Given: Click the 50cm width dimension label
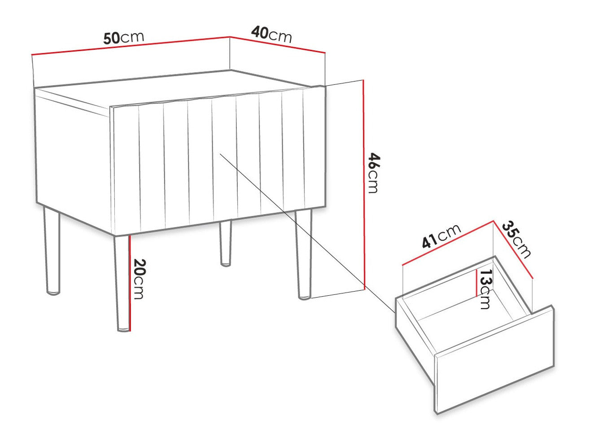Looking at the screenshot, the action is (x=124, y=38).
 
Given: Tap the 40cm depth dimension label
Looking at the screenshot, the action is (x=271, y=35).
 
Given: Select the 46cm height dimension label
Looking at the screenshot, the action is (x=373, y=173).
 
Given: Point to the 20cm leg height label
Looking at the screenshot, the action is (x=139, y=279).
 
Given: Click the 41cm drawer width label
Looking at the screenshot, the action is (x=441, y=236).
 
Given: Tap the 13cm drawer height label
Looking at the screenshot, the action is (x=486, y=289).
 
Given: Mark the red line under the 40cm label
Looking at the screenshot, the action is (x=278, y=44).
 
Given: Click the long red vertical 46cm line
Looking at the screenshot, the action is (x=364, y=185).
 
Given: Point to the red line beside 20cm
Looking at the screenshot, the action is (x=130, y=284).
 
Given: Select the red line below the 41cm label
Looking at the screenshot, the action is (x=448, y=243).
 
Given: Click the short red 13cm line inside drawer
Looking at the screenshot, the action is (x=476, y=283).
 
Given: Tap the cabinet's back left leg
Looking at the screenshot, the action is (x=52, y=250).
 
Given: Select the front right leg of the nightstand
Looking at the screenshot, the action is (x=304, y=255).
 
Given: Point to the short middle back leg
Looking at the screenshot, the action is (x=225, y=243).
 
